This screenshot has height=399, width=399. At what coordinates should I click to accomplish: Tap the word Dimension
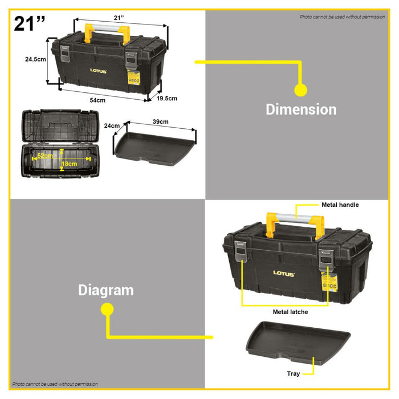[301, 109]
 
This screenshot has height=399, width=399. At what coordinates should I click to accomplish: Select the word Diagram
[106, 290]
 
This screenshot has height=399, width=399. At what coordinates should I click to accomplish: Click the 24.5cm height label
[35, 59]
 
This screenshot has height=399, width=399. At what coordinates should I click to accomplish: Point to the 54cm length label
[97, 100]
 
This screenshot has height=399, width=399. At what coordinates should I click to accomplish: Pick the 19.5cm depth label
[166, 98]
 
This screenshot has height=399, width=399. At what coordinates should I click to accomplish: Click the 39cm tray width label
[160, 121]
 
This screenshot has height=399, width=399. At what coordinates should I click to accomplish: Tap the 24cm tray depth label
[112, 126]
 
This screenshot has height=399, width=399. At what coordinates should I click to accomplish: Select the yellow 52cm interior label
[45, 156]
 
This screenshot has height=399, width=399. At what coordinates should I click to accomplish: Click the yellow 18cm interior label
[70, 164]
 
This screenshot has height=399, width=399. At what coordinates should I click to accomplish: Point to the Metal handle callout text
[340, 204]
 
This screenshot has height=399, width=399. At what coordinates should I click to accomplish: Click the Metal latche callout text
[290, 312]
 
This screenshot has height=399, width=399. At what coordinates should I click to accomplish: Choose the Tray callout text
[294, 374]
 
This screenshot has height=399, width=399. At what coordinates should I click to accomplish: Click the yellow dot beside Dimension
[300, 89]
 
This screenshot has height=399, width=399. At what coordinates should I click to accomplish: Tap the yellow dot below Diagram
[107, 309]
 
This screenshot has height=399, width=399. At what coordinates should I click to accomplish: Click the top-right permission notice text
[342, 17]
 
